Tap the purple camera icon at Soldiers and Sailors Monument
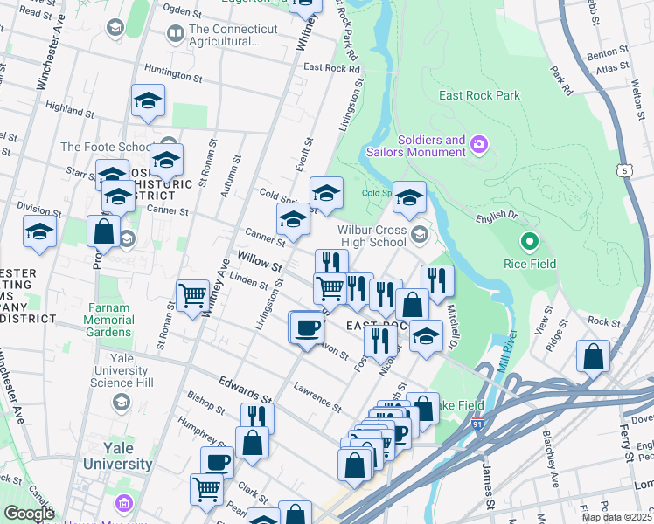tap(478, 143)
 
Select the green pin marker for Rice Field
tap(528, 240)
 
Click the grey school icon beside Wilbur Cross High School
tap(421, 233)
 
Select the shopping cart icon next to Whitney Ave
tap(192, 294)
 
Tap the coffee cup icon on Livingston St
tap(307, 327)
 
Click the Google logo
tap(29, 514)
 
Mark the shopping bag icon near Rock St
tap(593, 356)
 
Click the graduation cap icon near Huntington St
tap(148, 100)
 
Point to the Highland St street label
tap(69, 107)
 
